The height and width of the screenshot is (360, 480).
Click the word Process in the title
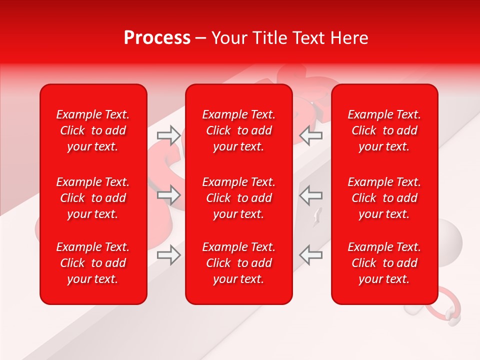click(157, 38)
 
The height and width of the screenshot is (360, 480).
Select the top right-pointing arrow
click(169, 135)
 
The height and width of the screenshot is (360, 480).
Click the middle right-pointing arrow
click(169, 195)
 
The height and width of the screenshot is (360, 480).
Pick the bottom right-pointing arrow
click(169, 255)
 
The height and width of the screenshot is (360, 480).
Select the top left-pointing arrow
click(311, 135)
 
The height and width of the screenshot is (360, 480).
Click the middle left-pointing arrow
click(311, 195)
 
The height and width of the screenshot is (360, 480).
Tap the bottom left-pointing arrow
click(311, 255)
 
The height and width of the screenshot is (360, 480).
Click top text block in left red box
click(93, 130)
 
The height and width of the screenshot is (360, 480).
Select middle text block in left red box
click(93, 198)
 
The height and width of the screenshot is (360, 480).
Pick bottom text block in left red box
click(93, 263)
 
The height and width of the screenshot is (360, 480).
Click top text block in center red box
click(239, 130)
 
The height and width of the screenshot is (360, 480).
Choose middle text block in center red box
click(239, 198)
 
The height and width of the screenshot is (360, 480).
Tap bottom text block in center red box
click(239, 263)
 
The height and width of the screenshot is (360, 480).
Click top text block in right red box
click(384, 130)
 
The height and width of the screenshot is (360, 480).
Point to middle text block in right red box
click(384, 198)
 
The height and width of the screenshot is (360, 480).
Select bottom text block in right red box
click(384, 263)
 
